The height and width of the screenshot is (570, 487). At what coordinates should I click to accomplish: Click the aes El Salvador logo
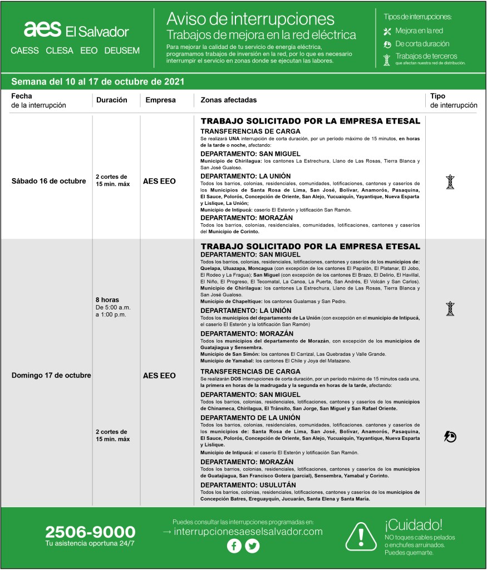click(x=76, y=31)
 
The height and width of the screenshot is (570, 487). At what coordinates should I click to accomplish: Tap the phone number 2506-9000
click(x=90, y=532)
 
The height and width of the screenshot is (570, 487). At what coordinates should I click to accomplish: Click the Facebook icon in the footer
click(x=234, y=546)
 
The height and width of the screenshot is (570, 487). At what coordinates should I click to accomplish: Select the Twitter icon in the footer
click(x=253, y=546)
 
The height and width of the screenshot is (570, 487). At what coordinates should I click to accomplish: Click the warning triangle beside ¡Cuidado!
click(x=362, y=536)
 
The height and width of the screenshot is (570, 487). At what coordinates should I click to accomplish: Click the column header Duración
click(x=112, y=100)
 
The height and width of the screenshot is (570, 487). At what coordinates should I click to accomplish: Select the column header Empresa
click(x=160, y=100)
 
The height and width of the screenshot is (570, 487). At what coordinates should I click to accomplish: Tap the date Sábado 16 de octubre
click(x=49, y=181)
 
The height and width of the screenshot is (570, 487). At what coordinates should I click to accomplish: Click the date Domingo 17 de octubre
click(x=51, y=375)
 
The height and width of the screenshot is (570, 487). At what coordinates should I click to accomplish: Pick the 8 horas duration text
click(x=107, y=300)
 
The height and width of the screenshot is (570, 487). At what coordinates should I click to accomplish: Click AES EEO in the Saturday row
click(x=159, y=181)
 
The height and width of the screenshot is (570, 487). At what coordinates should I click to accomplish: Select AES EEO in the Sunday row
click(x=159, y=375)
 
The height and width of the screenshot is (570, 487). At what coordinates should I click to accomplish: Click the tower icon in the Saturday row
click(x=450, y=181)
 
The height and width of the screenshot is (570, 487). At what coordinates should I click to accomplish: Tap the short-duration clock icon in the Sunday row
click(x=450, y=437)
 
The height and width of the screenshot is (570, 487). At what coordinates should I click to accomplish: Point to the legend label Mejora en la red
click(x=419, y=31)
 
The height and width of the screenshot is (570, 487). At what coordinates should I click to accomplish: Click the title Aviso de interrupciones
click(x=250, y=20)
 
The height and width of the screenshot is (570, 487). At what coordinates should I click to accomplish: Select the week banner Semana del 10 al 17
click(x=98, y=81)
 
